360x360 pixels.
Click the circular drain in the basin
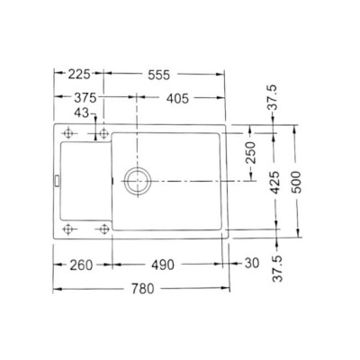click(139, 180)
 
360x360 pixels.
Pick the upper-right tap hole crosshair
click(104, 134)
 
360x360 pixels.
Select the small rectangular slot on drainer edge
click(57, 181)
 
